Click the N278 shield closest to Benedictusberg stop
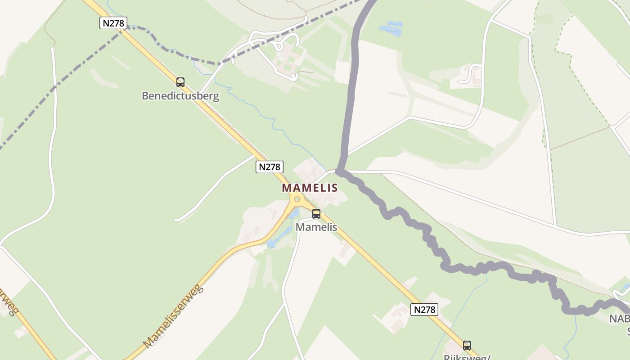(x=113, y=22)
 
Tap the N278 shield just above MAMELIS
(x=270, y=167)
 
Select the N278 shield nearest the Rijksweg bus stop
(x=424, y=310)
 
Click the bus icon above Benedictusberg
(x=180, y=82)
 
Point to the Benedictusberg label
(x=180, y=96)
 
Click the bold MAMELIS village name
(x=310, y=188)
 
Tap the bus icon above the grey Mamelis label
(x=316, y=214)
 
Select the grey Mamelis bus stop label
(x=316, y=227)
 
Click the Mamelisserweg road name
(x=174, y=316)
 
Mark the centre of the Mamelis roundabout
(x=297, y=199)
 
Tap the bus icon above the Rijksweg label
(x=467, y=346)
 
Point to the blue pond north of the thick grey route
(x=391, y=28)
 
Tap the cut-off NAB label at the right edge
(x=620, y=319)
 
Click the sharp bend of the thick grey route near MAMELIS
(x=340, y=171)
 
